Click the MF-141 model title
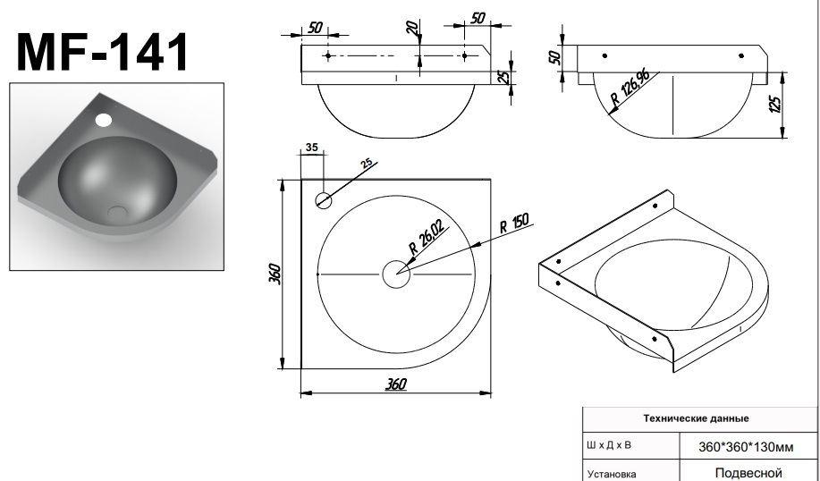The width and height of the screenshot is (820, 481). (x=103, y=52)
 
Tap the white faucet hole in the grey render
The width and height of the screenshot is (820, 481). (x=104, y=120)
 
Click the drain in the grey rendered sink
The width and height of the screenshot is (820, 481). (x=117, y=212)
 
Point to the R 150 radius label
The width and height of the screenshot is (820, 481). (x=514, y=223)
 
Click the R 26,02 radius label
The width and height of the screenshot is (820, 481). (x=427, y=237)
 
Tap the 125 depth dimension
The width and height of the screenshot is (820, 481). (x=776, y=104)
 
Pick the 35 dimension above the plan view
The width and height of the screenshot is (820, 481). (x=312, y=148)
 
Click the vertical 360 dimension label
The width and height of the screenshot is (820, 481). (x=275, y=274)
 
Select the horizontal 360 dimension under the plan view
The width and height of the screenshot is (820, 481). (x=396, y=384)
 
